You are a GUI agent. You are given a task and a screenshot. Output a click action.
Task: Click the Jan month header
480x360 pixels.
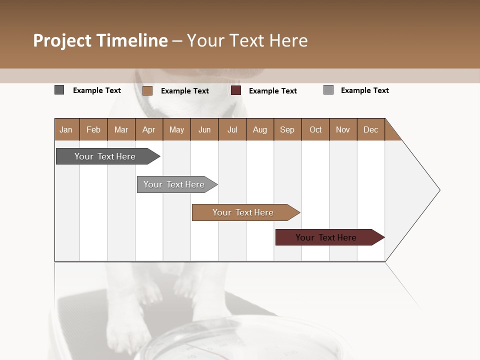[x=66, y=129]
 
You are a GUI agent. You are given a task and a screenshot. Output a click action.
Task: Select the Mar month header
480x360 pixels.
[x=121, y=129]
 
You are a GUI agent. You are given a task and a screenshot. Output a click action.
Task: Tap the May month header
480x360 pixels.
[x=176, y=129]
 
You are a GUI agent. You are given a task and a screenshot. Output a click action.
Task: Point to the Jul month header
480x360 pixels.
[x=232, y=129]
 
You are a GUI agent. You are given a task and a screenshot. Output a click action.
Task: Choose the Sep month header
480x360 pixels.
[x=287, y=129]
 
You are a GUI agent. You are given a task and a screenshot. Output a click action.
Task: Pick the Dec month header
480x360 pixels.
[x=370, y=129]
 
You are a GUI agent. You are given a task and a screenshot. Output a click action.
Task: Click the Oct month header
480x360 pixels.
[x=315, y=129]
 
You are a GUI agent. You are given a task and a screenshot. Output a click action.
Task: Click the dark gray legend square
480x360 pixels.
[x=59, y=90]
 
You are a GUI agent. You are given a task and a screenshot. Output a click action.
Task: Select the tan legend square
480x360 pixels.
[x=147, y=90]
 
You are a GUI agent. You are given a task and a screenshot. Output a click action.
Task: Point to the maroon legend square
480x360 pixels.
[x=236, y=90]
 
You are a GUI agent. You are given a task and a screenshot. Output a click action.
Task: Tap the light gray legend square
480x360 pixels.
[x=328, y=90]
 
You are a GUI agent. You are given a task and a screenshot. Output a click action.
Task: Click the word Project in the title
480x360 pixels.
[x=62, y=40]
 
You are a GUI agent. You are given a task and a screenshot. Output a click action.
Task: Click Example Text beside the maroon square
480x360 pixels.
[x=272, y=90]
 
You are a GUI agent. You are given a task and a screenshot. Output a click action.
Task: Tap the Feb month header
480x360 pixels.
[x=93, y=129]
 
